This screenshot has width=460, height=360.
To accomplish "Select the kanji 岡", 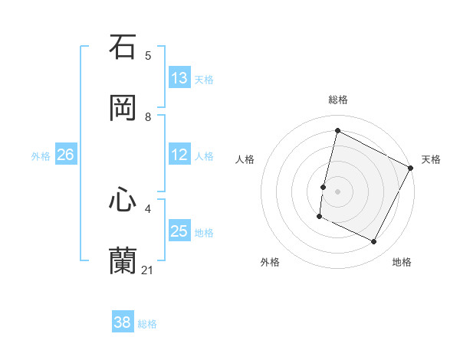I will (x=123, y=107).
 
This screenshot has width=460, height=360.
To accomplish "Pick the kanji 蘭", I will (x=123, y=261).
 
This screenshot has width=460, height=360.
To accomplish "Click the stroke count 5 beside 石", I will (x=148, y=55).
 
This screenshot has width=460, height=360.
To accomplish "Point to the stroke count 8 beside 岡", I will (x=148, y=116).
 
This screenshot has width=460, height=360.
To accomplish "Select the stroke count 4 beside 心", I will (x=148, y=208).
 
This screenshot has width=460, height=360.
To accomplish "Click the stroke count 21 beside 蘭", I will (x=148, y=270).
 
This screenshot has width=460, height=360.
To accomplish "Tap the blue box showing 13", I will (x=179, y=78).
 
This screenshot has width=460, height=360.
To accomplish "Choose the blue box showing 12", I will (x=179, y=155).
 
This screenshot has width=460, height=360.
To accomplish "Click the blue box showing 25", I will (x=179, y=231).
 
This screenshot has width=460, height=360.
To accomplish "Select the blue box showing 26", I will (x=65, y=155).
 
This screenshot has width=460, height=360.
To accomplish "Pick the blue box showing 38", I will (x=123, y=322).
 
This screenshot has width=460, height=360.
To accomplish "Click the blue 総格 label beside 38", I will (x=147, y=324).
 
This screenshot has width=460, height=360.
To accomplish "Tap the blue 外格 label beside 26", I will (x=41, y=156).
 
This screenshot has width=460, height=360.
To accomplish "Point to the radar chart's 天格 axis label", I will (x=431, y=159).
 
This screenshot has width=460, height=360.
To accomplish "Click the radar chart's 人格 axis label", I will (x=245, y=159).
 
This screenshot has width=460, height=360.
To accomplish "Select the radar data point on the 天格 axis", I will (x=411, y=168).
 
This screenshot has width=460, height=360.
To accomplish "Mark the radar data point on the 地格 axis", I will (x=374, y=242).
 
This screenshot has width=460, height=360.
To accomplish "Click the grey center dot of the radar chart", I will (x=337, y=191).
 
